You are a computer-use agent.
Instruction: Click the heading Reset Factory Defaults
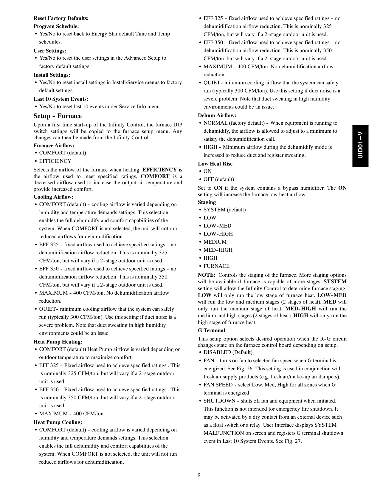click(61, 18)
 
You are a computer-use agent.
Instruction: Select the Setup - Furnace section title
click(58, 116)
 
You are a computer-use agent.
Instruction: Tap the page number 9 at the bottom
click(199, 475)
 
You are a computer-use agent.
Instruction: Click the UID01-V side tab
click(360, 146)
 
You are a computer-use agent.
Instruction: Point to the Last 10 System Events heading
click(61, 99)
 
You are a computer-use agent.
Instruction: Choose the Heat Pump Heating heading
click(58, 342)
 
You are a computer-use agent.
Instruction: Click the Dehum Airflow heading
click(217, 115)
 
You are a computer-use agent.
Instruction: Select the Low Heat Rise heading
click(215, 164)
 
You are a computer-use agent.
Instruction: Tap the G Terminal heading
click(211, 330)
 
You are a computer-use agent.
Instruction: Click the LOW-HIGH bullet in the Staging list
click(218, 234)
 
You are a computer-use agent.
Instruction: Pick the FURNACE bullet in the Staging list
click(216, 266)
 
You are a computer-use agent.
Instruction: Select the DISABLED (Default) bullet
click(228, 352)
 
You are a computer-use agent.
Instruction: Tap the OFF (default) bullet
click(218, 179)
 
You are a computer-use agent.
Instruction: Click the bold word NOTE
click(206, 275)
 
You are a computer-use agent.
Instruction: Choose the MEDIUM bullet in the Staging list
click(215, 242)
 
